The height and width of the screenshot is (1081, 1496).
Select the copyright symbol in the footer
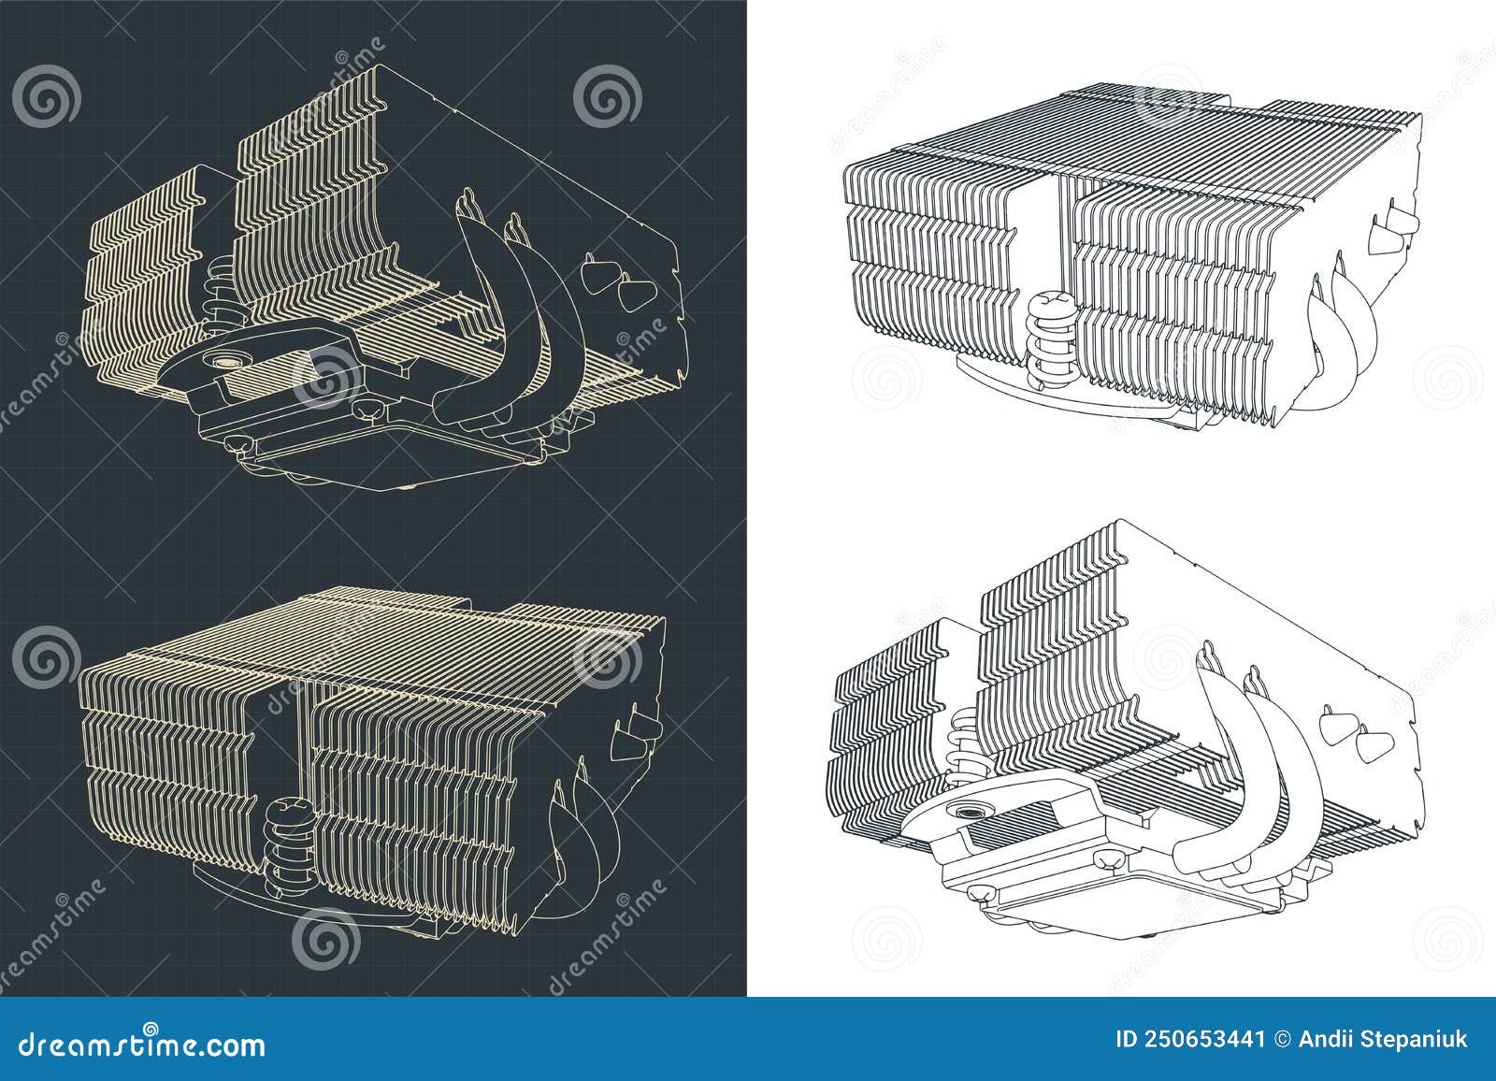coord(1279,1041)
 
